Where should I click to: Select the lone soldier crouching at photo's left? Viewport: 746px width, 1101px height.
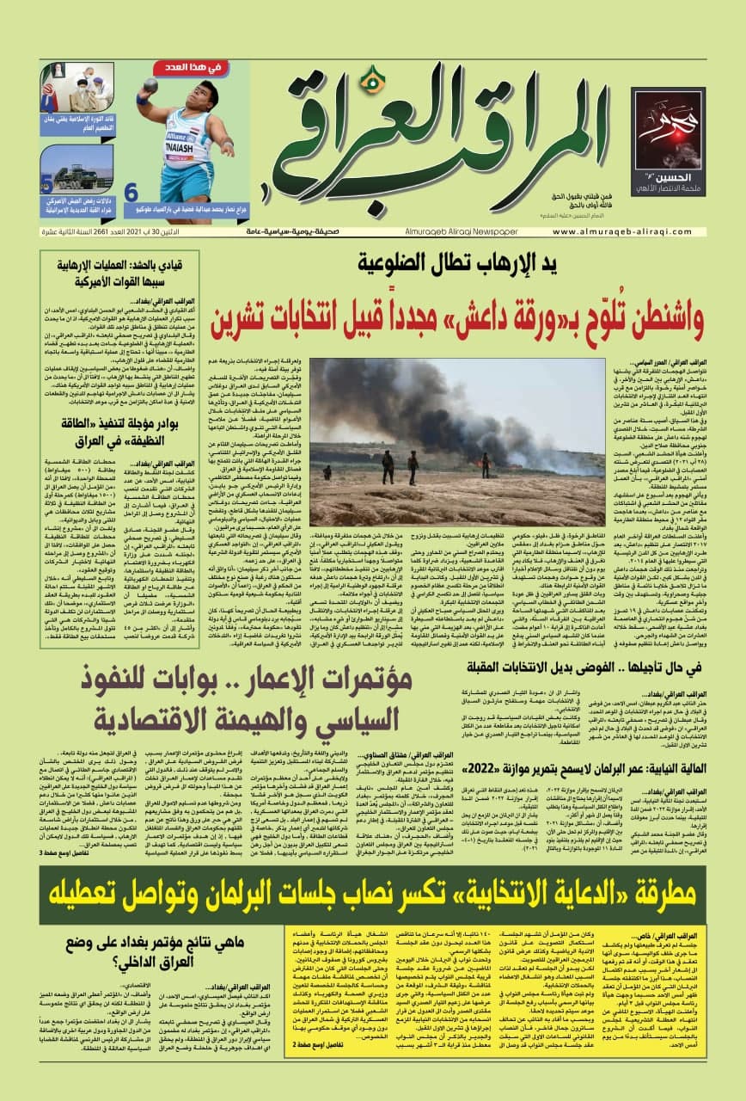(327, 471)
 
